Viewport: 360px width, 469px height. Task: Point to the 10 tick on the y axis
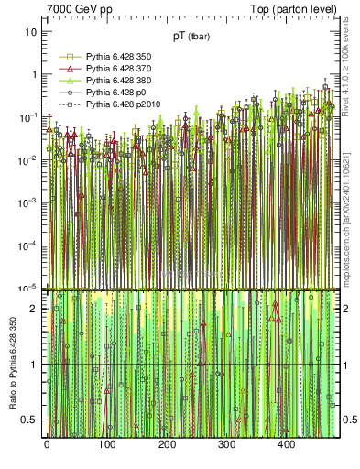31,32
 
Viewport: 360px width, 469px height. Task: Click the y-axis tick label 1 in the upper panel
34,74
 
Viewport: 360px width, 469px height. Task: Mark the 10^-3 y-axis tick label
28,202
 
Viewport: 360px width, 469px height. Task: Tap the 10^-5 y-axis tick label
28,287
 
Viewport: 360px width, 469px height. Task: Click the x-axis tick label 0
47,444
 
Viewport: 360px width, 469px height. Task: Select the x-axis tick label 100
106,444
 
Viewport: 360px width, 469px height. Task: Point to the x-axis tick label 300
226,444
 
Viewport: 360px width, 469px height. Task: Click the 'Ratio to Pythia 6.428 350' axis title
11,365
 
